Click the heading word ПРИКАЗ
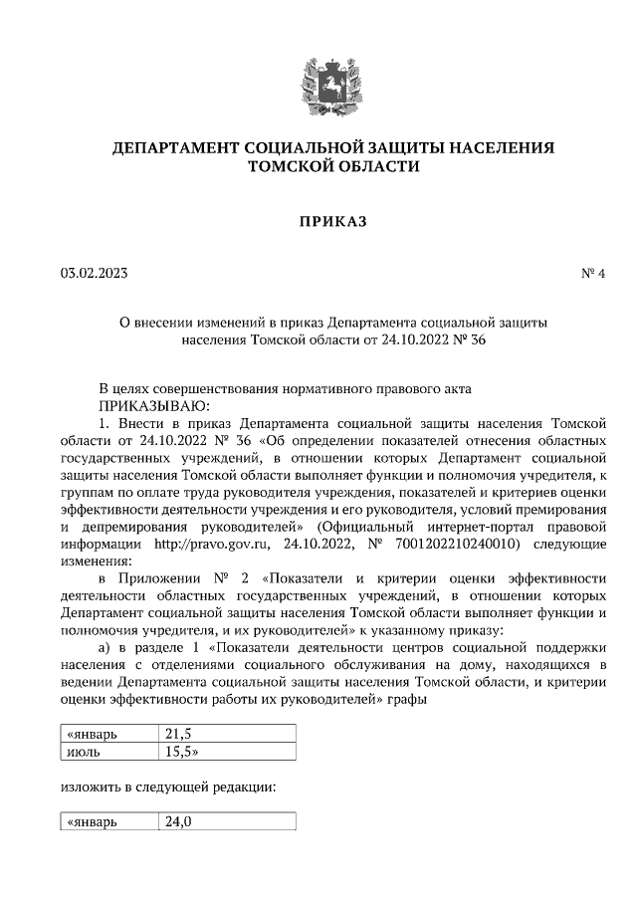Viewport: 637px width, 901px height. coord(318,221)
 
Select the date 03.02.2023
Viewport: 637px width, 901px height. coord(94,273)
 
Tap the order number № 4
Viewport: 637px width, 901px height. coord(593,273)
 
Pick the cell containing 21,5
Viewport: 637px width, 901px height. coord(227,734)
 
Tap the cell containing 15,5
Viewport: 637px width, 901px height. coord(227,751)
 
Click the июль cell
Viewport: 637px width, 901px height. coord(106,751)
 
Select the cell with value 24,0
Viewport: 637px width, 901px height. coord(227,822)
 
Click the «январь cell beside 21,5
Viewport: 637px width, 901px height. coord(106,734)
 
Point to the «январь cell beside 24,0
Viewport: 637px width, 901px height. coord(106,822)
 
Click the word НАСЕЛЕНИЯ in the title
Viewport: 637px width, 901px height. coord(498,148)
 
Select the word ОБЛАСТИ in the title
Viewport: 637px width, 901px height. coord(375,167)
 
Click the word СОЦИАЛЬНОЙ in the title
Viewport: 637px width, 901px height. coord(293,148)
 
